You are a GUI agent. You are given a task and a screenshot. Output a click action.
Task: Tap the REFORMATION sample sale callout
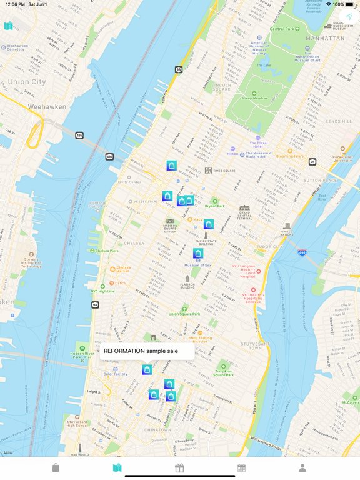click(x=141, y=351)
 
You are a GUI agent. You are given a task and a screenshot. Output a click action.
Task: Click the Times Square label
click(x=224, y=171)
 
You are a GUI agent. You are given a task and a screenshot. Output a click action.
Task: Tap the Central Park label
click(x=282, y=29)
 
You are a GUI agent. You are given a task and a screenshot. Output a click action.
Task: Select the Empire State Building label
click(x=205, y=242)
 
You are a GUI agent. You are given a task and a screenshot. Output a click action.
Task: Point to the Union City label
click(x=27, y=82)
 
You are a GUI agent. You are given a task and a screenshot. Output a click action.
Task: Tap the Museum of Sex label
click(x=197, y=265)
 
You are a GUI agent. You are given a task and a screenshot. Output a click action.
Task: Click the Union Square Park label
click(x=184, y=314)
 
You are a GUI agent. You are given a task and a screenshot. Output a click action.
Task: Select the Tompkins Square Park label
click(x=224, y=372)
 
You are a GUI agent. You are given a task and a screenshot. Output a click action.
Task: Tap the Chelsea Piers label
click(x=106, y=251)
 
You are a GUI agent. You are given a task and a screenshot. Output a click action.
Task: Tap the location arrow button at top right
click(x=349, y=17)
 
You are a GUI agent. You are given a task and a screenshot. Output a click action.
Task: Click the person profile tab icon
click(x=302, y=467)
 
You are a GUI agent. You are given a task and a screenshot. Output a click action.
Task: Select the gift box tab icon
click(x=179, y=467)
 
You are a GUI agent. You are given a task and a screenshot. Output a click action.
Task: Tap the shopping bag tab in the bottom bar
click(x=56, y=467)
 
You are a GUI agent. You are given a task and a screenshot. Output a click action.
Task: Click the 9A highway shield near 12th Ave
click(x=179, y=69)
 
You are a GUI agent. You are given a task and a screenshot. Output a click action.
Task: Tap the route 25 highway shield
click(x=312, y=162)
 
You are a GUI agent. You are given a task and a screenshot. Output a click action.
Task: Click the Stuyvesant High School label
click(x=77, y=423)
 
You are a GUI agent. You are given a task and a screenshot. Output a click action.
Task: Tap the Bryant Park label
click(x=214, y=205)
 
